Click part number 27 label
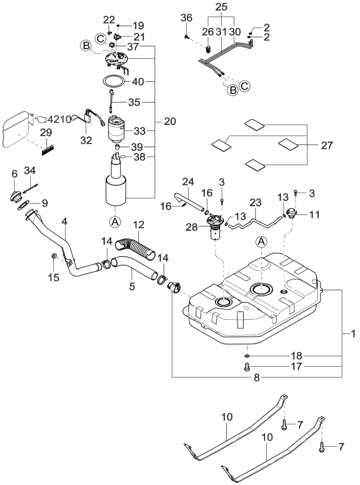pyautogui.click(x=326, y=145)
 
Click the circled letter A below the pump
pyautogui.click(x=115, y=220)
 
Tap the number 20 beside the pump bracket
pyautogui.click(x=170, y=121)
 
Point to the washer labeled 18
pyautogui.click(x=246, y=355)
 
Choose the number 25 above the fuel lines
pyautogui.click(x=221, y=7)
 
